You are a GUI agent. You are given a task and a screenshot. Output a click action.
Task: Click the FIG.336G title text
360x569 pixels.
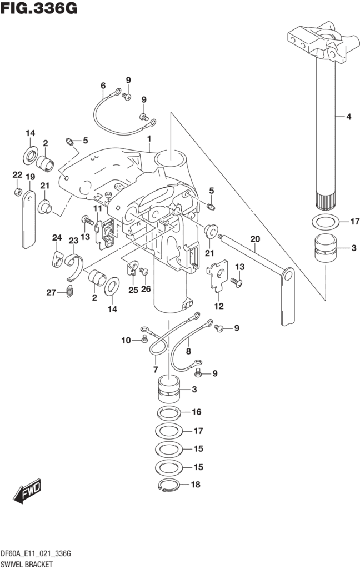[39, 8]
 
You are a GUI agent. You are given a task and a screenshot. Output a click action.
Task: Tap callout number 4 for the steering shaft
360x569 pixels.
[348, 117]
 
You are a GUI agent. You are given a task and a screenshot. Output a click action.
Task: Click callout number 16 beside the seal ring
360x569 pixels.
[196, 412]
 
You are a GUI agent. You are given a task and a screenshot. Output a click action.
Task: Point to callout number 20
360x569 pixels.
[255, 239]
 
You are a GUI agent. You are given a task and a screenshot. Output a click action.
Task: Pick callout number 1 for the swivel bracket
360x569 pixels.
[149, 138]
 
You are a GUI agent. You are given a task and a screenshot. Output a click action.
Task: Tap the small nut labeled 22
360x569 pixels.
[17, 192]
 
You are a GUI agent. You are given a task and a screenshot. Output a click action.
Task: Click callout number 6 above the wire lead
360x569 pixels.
[103, 86]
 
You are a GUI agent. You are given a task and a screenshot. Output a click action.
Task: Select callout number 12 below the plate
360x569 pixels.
[219, 306]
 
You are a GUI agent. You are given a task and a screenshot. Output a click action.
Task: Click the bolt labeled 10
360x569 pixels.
[144, 339]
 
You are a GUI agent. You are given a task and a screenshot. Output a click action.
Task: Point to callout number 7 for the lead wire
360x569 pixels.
[156, 370]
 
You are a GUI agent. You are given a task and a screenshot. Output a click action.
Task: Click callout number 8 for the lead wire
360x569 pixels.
[188, 351]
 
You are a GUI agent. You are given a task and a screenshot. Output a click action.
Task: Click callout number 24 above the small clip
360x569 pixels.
[57, 238]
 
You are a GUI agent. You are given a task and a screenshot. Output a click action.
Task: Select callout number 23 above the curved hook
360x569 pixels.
[74, 241]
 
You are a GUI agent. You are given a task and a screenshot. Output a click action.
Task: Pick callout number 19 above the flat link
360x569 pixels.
[30, 177]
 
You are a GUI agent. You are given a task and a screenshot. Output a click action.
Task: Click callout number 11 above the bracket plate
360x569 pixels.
[97, 208]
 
